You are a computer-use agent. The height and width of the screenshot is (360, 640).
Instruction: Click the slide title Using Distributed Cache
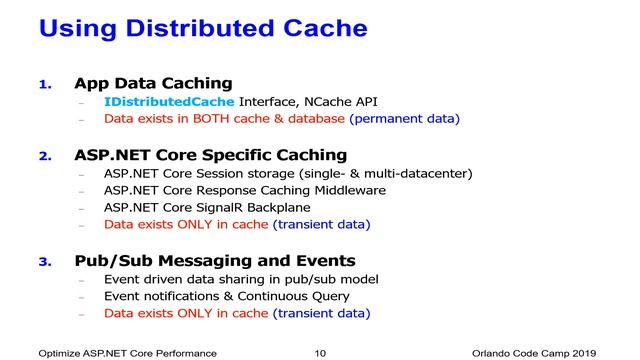click(x=202, y=28)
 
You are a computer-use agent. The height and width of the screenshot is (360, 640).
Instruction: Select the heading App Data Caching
click(x=153, y=83)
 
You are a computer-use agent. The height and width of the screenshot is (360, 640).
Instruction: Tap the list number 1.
click(x=44, y=84)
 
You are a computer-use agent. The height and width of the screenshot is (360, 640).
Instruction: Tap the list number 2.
click(x=44, y=156)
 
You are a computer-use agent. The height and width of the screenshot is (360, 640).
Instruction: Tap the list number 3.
click(x=44, y=262)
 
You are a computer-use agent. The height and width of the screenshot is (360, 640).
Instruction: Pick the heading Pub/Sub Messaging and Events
click(x=215, y=261)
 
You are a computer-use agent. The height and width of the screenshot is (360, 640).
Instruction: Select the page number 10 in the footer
click(x=320, y=353)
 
